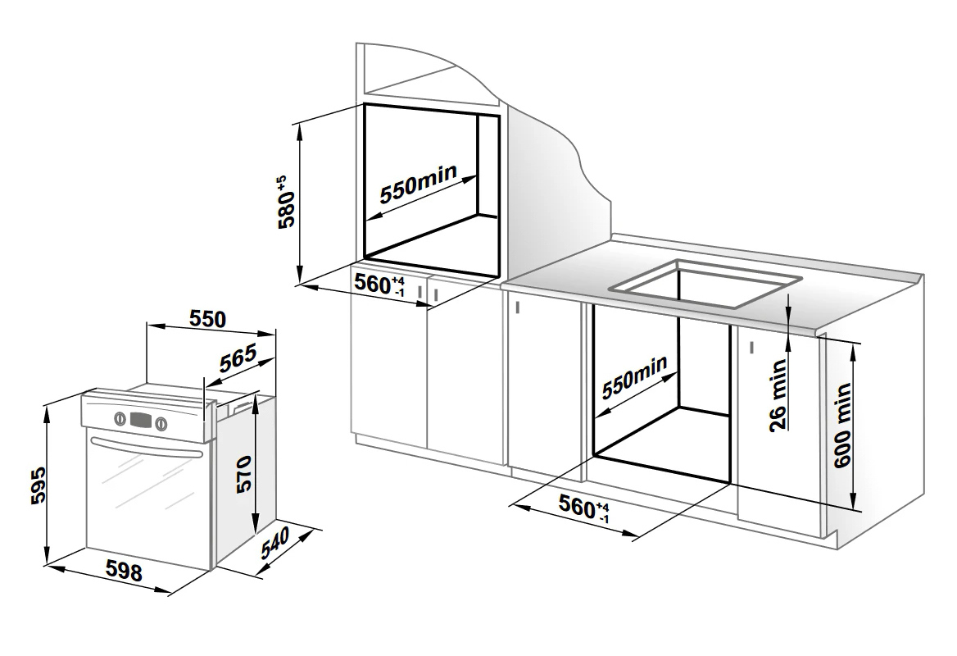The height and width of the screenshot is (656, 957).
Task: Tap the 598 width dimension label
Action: [x=124, y=571]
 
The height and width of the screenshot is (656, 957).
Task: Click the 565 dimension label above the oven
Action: [x=238, y=360]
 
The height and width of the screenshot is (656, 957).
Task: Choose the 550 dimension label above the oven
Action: [x=207, y=319]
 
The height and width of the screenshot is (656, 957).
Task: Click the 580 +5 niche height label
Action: [x=287, y=203]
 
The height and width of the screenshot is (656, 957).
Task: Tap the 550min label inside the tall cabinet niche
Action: [x=419, y=183]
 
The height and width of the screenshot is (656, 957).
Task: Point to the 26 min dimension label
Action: [x=778, y=396]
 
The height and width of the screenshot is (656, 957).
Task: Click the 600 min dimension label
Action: [x=842, y=425]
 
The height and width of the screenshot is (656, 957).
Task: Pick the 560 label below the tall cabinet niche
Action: [x=379, y=285]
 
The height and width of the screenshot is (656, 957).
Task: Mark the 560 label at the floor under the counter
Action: [x=584, y=508]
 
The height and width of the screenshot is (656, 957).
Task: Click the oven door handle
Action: [x=146, y=446]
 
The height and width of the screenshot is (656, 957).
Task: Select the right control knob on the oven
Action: [x=161, y=423]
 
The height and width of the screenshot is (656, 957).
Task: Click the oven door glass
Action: [x=147, y=482]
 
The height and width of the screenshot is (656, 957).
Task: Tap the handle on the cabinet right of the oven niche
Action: [x=752, y=348]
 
